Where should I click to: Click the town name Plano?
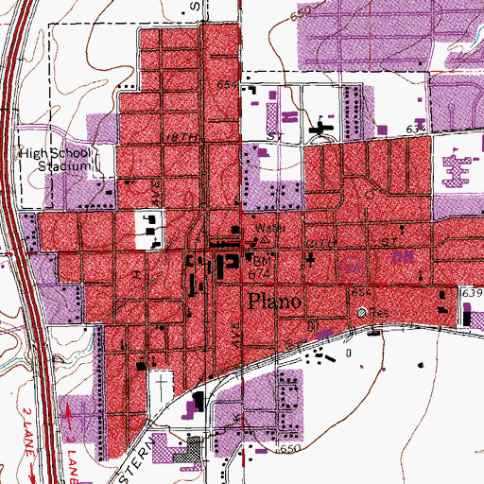click(x=275, y=301)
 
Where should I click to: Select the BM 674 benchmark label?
click(x=262, y=262)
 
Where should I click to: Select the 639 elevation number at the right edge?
click(x=473, y=294)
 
